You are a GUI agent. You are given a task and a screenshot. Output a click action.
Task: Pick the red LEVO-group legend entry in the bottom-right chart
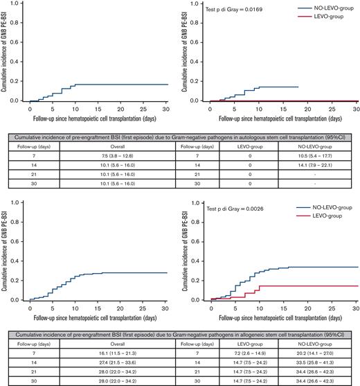pos(327,217)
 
